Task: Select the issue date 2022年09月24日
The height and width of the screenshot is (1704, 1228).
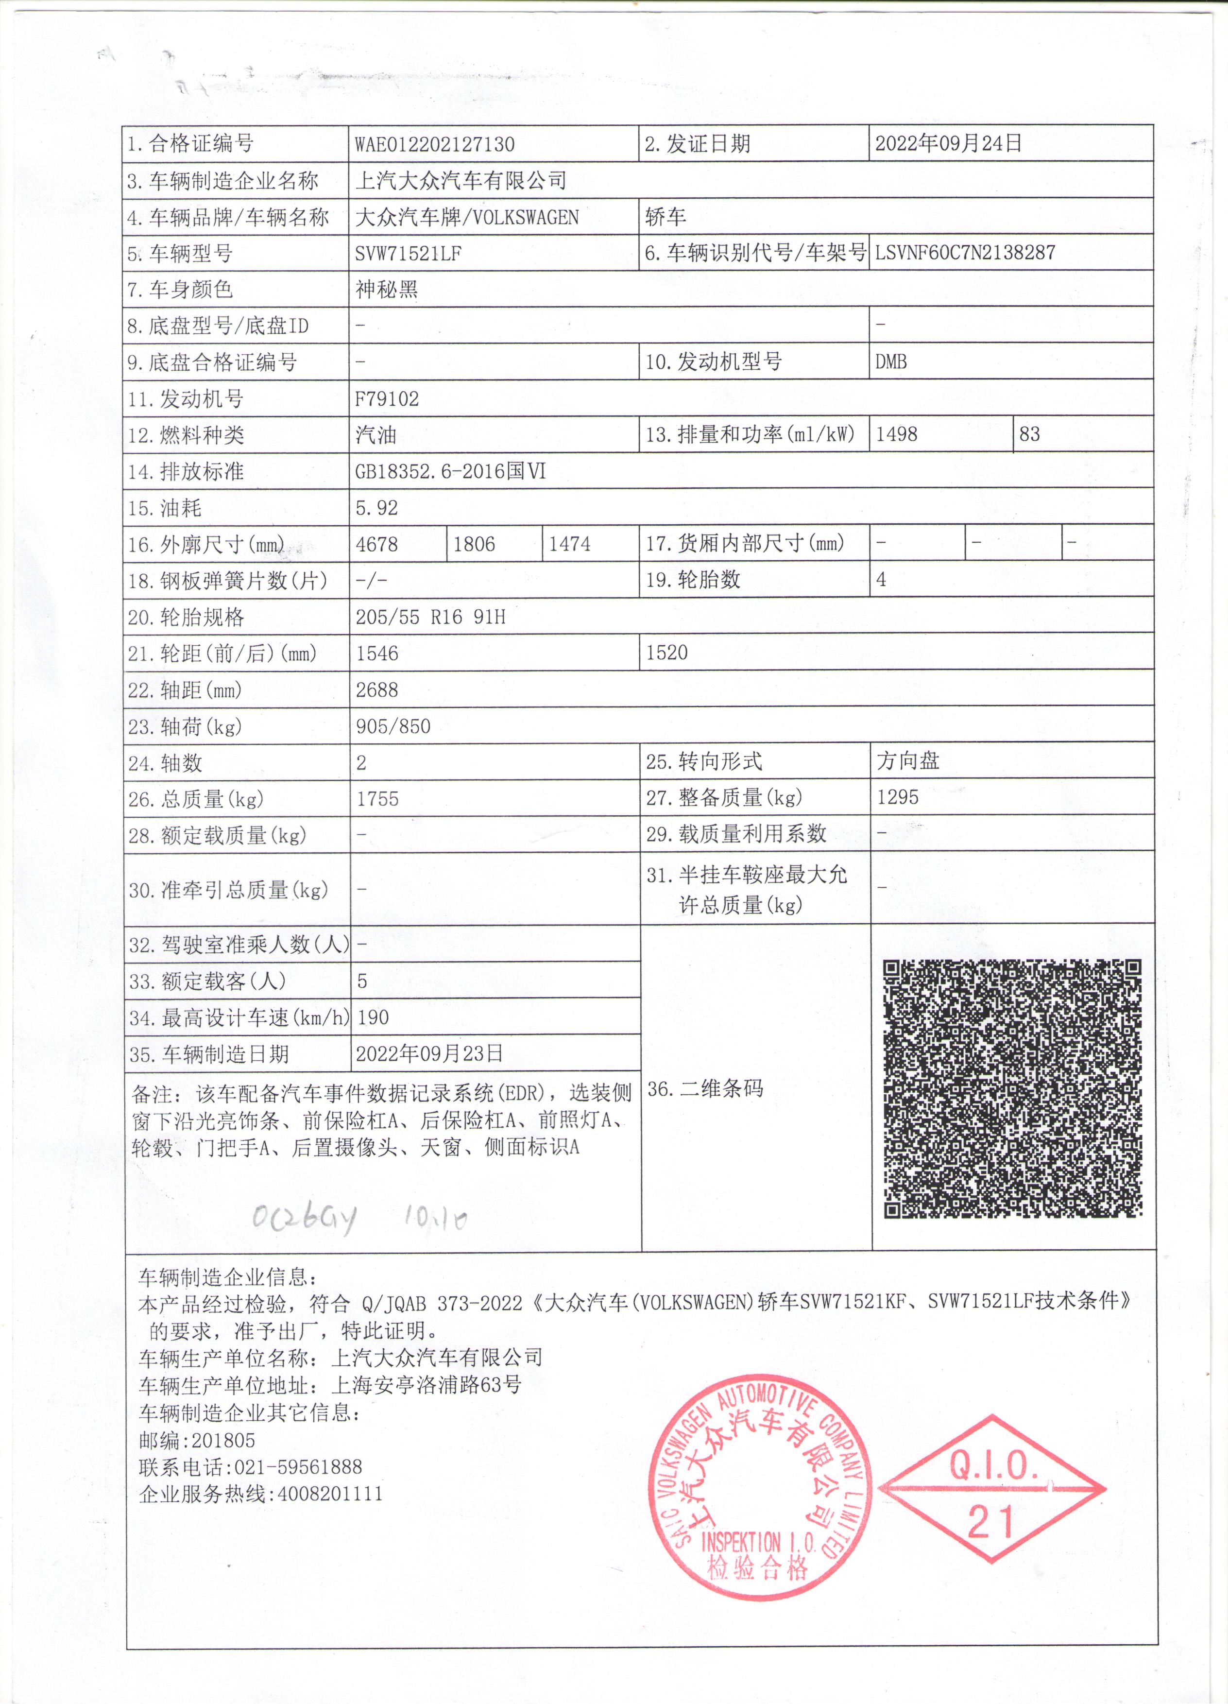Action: [x=948, y=143]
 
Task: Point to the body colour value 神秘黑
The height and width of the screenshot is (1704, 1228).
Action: [x=387, y=289]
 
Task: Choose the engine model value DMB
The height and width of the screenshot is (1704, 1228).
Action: [x=891, y=362]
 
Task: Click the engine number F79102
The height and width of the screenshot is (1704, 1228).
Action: [x=387, y=399]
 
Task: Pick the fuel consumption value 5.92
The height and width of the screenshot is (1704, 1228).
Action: [x=377, y=508]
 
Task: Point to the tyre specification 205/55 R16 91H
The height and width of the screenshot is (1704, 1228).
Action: [x=430, y=618]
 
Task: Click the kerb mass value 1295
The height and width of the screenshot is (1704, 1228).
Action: [x=898, y=797]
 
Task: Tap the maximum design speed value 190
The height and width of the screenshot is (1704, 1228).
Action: [x=373, y=1017]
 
